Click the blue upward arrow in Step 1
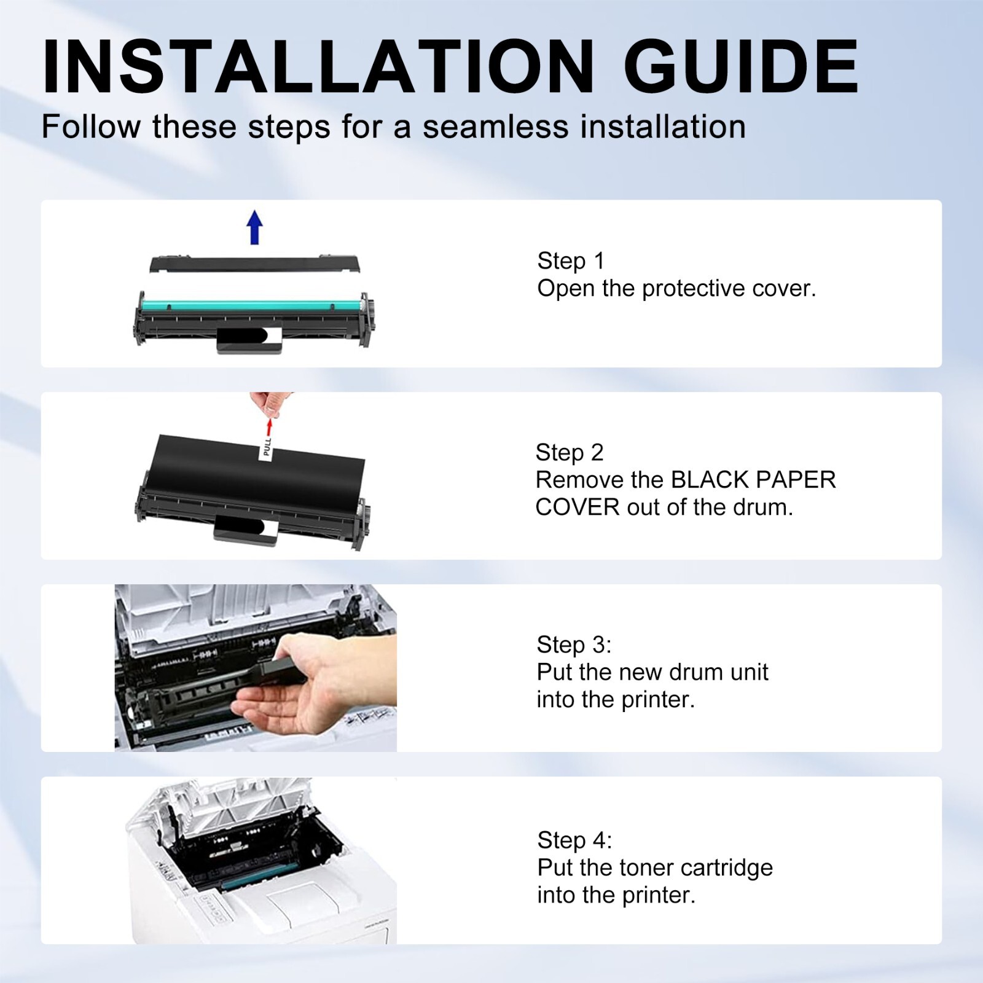[x=255, y=227]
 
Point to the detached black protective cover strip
[x=255, y=264]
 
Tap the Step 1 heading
[x=571, y=261]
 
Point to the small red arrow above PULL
[x=268, y=428]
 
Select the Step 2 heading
[x=570, y=453]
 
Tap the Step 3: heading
[x=574, y=645]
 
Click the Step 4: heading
[x=574, y=840]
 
